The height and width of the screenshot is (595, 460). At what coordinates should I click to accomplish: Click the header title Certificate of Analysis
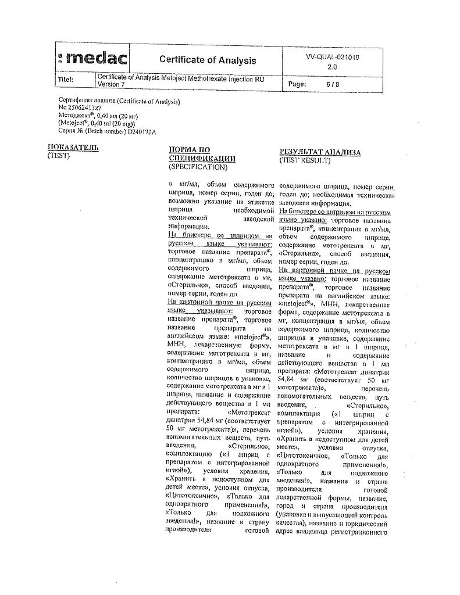208,60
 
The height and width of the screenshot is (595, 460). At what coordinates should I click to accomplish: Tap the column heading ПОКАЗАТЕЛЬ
73,147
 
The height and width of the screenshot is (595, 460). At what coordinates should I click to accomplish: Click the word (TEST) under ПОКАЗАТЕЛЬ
58,155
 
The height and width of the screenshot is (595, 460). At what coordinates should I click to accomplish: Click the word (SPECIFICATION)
197,167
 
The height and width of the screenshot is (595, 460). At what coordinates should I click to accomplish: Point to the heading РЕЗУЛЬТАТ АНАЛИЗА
320,152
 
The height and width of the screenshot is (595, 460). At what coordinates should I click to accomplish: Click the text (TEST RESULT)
305,160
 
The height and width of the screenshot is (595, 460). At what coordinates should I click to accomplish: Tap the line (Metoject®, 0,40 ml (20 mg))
97,123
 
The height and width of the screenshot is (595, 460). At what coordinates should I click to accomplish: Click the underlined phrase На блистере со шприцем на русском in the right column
335,212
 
